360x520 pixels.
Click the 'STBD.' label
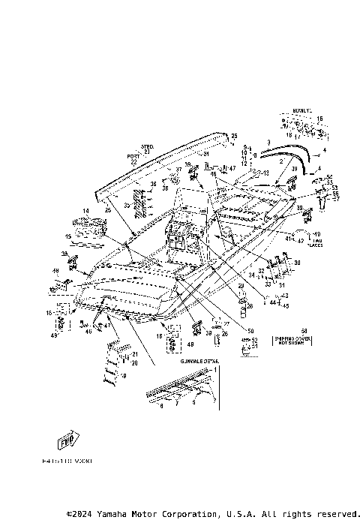(x=146, y=146)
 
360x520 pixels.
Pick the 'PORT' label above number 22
(x=133, y=156)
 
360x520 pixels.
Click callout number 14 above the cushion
(x=85, y=212)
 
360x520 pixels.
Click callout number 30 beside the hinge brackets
(x=297, y=263)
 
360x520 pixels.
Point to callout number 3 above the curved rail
(x=268, y=141)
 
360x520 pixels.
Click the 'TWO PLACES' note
(x=315, y=240)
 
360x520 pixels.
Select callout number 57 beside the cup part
(x=336, y=199)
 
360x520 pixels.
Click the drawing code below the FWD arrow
(x=67, y=463)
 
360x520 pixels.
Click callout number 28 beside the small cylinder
(x=250, y=305)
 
